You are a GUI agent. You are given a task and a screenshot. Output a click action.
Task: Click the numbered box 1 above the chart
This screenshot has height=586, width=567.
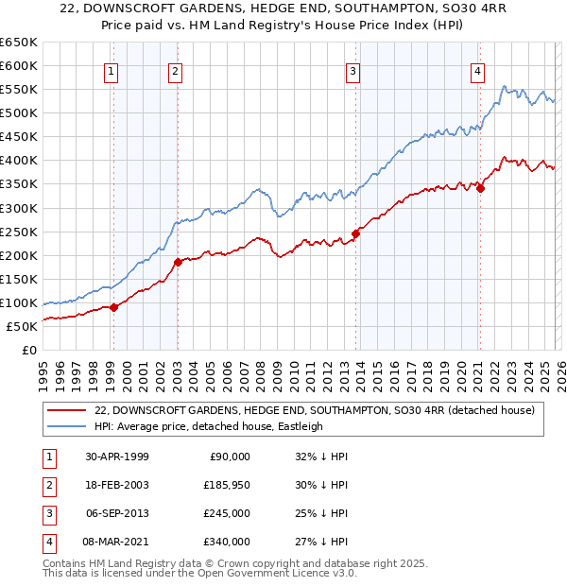(112, 71)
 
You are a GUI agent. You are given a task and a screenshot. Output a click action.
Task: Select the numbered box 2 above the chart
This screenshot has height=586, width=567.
(176, 71)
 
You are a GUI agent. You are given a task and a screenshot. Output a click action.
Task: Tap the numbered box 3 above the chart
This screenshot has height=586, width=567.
(352, 71)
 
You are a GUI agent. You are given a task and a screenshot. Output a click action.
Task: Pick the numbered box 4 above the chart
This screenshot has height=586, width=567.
(478, 71)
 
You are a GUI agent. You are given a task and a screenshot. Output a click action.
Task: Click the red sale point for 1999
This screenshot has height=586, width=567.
(114, 306)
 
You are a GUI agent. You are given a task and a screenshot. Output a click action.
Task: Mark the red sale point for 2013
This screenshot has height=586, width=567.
(355, 233)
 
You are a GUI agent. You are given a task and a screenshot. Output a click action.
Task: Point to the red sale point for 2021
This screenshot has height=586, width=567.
(481, 188)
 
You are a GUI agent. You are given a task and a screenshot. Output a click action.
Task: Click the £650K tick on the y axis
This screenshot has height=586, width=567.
(19, 43)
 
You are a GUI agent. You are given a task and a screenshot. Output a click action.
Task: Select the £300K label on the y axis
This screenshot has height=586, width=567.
(19, 208)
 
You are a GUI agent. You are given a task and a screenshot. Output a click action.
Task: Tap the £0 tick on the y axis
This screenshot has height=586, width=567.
(29, 350)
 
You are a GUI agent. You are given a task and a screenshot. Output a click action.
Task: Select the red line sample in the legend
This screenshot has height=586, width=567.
(66, 410)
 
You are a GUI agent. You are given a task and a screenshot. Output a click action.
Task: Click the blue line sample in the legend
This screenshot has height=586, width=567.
(66, 426)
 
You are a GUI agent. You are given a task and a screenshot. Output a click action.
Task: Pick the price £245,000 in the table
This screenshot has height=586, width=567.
(228, 513)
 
